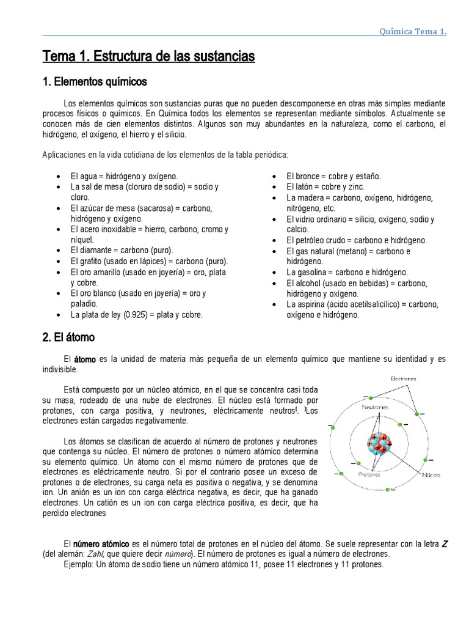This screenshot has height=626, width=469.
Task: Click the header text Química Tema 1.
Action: click(x=413, y=32)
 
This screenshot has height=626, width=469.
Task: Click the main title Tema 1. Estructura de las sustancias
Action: click(x=148, y=57)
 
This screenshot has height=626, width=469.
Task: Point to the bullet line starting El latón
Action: click(x=325, y=187)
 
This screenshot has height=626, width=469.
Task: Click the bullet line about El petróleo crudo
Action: click(x=357, y=240)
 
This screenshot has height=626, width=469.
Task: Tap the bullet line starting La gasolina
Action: click(x=347, y=272)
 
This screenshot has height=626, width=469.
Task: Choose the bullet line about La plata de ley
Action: click(x=136, y=315)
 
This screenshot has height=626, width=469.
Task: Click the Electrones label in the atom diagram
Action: click(x=403, y=378)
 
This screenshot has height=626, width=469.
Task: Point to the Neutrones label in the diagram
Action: click(x=376, y=407)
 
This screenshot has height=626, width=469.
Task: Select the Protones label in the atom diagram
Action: click(x=370, y=474)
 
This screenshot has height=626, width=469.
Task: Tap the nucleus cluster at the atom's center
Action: click(x=380, y=443)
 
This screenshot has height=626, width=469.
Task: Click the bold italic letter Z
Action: click(x=445, y=543)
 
